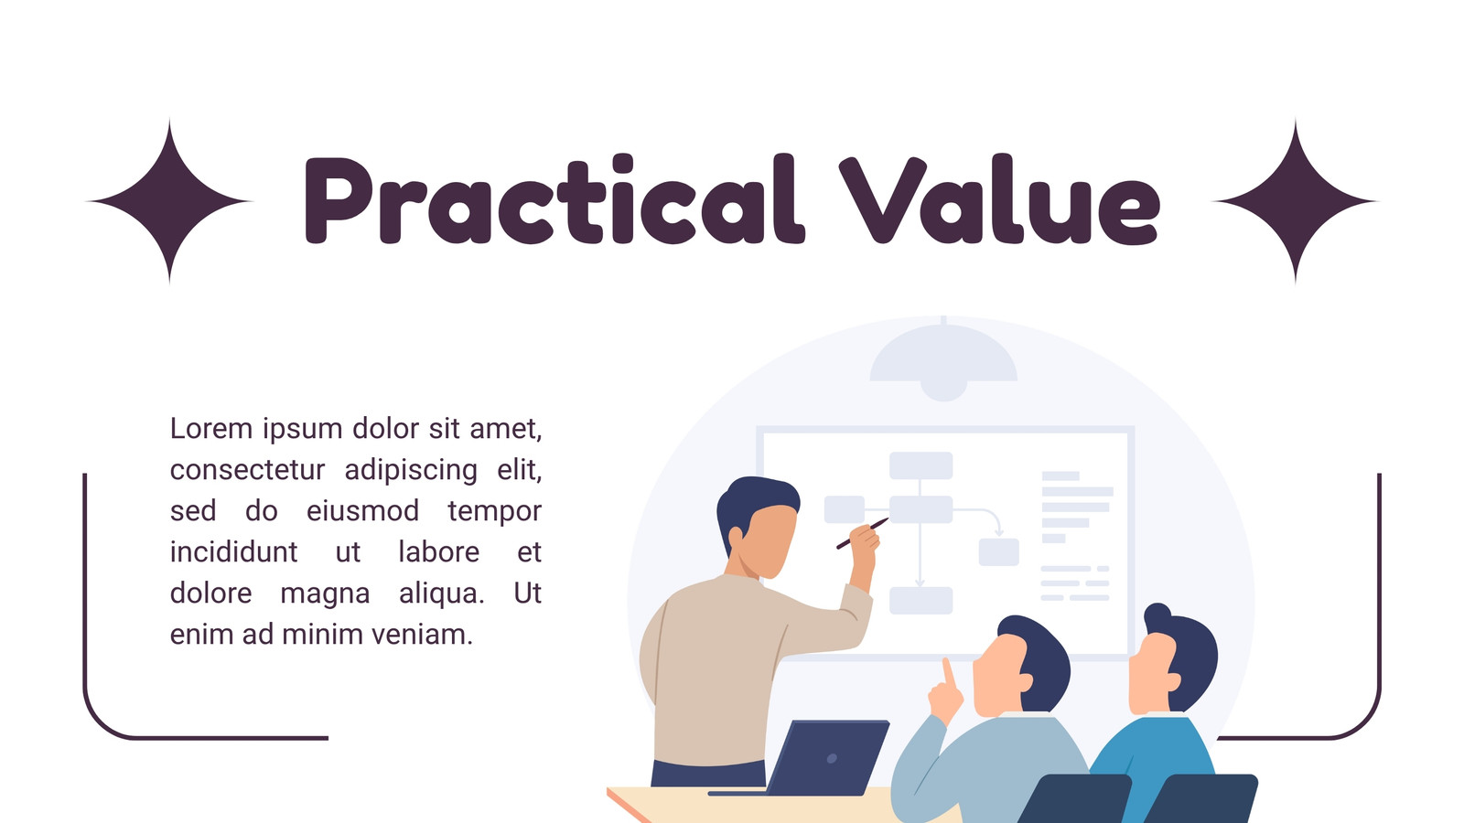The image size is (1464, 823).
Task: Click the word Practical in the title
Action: coord(554,199)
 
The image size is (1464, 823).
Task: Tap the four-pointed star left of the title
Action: coord(169,201)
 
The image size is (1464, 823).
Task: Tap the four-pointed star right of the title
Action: coord(1296,201)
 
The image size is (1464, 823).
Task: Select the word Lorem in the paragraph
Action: coord(211,429)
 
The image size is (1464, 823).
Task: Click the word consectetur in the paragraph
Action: coord(247,470)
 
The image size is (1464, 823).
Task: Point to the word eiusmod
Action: coord(362,511)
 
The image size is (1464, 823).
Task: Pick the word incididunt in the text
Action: coord(234,552)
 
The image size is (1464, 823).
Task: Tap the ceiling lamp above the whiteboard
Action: coord(943,359)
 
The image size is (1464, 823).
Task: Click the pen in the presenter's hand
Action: coord(862,534)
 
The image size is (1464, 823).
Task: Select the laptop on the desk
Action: coord(811,758)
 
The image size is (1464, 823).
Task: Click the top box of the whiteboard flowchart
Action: coord(920,465)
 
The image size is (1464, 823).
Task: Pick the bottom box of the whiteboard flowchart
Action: coord(920,600)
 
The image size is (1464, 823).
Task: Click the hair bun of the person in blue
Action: coord(1157,615)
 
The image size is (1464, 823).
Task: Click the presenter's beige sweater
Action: coord(726,673)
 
